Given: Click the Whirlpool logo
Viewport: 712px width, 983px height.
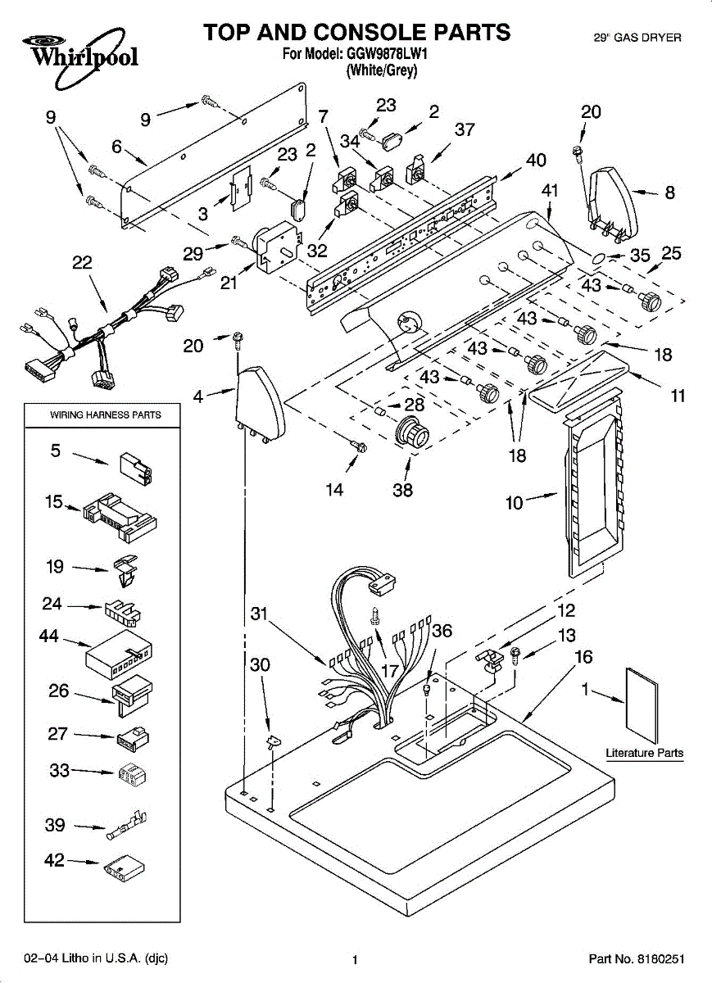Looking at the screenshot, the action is (x=80, y=57).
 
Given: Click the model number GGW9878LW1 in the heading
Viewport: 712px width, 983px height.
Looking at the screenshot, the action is (x=388, y=54).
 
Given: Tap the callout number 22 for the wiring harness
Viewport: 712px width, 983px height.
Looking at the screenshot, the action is (x=82, y=262).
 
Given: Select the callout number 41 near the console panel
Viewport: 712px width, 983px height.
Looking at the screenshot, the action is (x=550, y=190).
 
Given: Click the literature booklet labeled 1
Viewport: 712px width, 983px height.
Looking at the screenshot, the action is (x=642, y=705).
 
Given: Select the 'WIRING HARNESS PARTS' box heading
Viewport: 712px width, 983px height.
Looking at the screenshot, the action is (x=106, y=414).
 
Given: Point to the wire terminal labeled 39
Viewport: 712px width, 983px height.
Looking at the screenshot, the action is (x=126, y=824).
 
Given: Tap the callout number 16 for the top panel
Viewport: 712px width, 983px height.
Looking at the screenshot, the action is (x=583, y=656).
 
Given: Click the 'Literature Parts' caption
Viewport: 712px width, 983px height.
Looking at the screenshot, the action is (x=644, y=753).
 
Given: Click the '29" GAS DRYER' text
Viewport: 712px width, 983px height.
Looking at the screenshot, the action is (x=637, y=38).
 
